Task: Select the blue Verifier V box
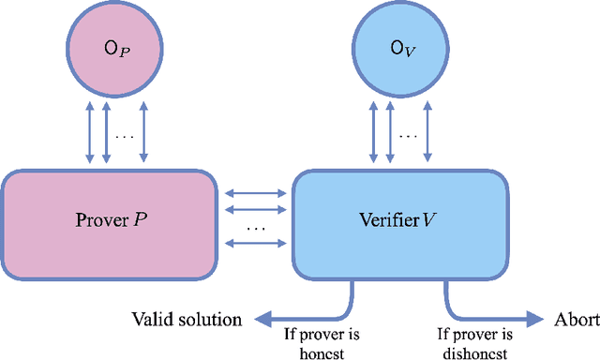pyautogui.click(x=397, y=222)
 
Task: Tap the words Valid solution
pyautogui.click(x=186, y=320)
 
